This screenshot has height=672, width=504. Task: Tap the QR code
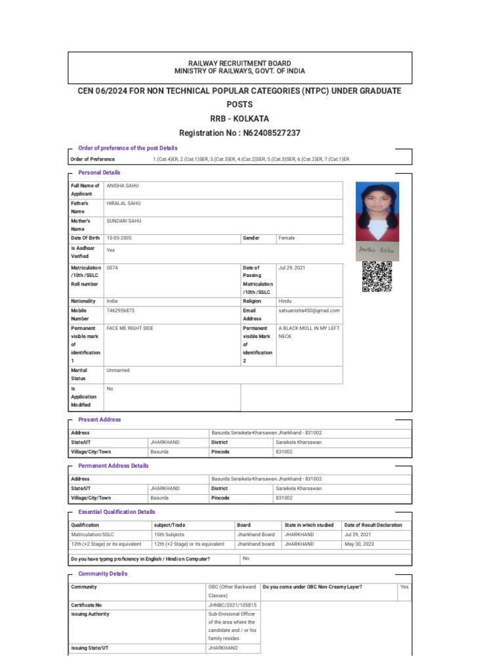(377, 276)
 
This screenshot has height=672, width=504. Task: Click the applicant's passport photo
(377, 212)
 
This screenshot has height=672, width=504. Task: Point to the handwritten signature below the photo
(377, 250)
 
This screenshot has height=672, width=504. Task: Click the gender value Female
(287, 238)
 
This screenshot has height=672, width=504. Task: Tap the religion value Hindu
(285, 301)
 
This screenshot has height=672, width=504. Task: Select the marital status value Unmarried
(118, 371)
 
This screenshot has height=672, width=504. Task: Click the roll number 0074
(112, 268)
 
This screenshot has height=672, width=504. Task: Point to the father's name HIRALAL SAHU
(123, 204)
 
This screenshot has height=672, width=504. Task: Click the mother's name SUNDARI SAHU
(123, 222)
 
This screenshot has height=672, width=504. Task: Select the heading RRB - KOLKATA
(240, 119)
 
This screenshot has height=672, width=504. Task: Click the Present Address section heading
(99, 419)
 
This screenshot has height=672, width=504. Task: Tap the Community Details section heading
(102, 574)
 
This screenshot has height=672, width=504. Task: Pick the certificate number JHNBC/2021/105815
(232, 605)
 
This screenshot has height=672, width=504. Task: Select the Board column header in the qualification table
(244, 525)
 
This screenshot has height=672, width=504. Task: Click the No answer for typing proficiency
(246, 558)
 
